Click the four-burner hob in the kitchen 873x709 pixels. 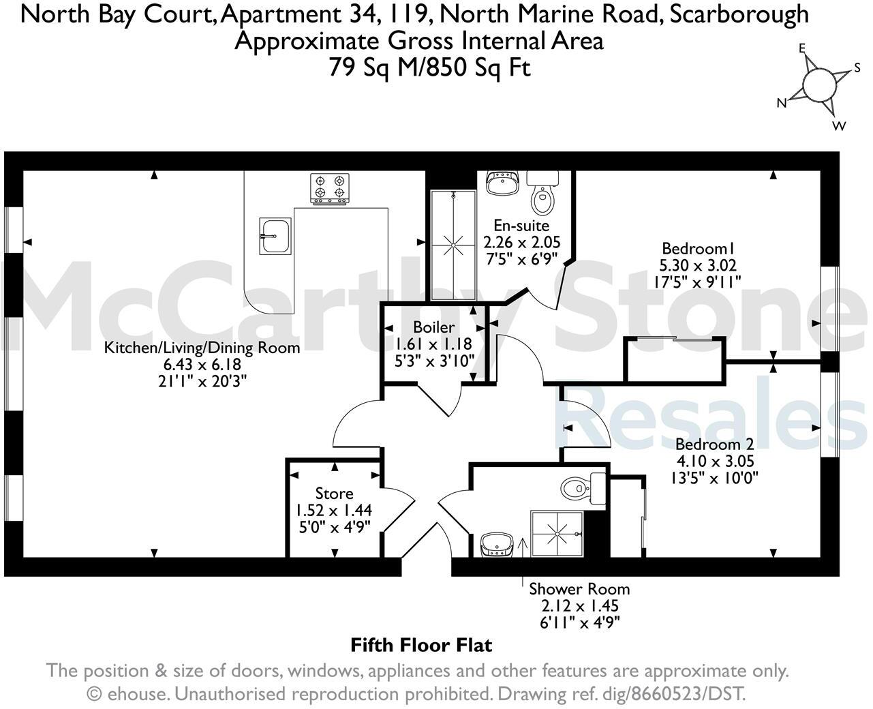331,188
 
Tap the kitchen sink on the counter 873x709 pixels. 275,236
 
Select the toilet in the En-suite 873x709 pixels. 542,198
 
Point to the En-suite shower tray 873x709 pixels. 453,245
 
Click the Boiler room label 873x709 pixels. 433,328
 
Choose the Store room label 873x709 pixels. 334,493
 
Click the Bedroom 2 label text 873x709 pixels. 714,444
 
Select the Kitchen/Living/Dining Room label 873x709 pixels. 202,348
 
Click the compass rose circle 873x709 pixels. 818,85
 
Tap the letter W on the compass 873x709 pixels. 839,126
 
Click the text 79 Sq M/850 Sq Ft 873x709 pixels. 429,67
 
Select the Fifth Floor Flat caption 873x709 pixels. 421,644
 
